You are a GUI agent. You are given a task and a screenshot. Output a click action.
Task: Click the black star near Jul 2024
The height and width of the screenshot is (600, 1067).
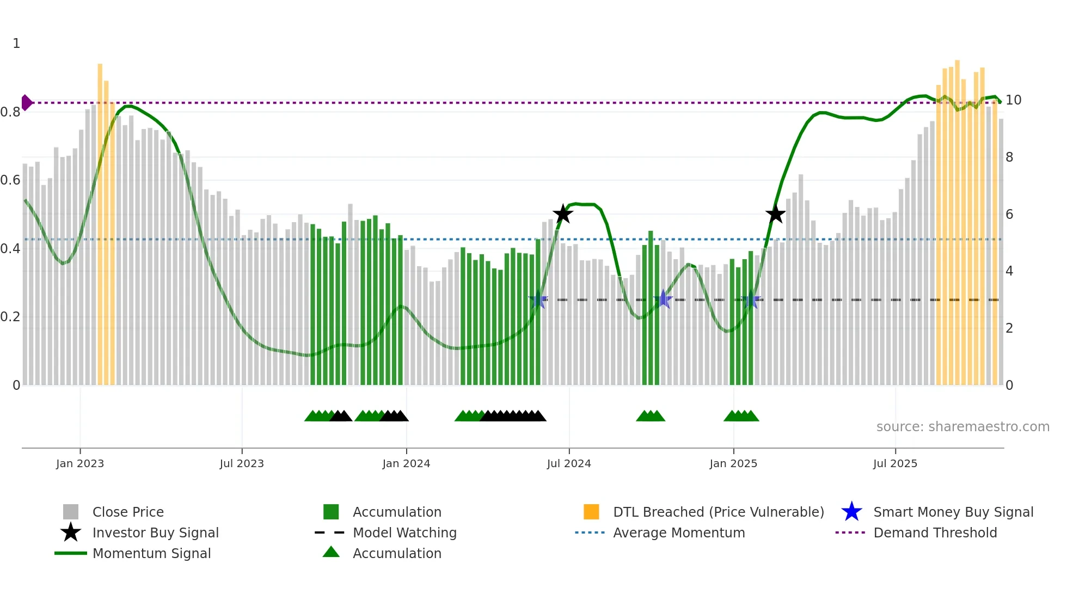pyautogui.click(x=562, y=214)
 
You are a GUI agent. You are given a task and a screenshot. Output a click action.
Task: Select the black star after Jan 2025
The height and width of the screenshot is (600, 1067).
pyautogui.click(x=775, y=215)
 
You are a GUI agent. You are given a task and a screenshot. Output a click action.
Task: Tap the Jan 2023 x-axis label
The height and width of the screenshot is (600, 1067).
pyautogui.click(x=80, y=463)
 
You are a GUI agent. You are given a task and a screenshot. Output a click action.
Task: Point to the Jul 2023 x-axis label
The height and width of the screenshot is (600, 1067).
pyautogui.click(x=242, y=463)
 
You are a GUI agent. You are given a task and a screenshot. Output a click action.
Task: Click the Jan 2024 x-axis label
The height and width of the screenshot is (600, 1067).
pyautogui.click(x=406, y=463)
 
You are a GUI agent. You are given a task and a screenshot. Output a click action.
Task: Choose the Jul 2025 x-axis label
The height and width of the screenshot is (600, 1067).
pyautogui.click(x=895, y=463)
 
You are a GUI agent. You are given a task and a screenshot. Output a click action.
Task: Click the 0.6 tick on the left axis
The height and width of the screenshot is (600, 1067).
pyautogui.click(x=10, y=180)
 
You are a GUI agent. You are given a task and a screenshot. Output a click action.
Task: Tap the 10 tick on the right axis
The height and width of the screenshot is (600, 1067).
pyautogui.click(x=1013, y=100)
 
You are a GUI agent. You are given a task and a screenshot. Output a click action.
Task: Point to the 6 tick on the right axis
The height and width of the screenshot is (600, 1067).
pyautogui.click(x=1009, y=215)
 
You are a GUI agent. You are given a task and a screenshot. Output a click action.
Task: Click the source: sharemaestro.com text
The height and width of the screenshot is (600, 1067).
pyautogui.click(x=962, y=427)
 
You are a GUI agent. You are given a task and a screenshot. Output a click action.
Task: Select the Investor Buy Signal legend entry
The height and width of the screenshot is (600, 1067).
pyautogui.click(x=155, y=532)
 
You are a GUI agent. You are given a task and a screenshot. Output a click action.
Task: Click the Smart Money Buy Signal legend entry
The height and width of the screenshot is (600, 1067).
pyautogui.click(x=953, y=512)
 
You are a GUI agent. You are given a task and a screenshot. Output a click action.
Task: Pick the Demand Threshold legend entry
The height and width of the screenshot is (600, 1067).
pyautogui.click(x=935, y=532)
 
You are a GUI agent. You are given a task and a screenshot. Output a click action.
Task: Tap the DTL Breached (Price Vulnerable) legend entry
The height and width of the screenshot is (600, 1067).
pyautogui.click(x=718, y=512)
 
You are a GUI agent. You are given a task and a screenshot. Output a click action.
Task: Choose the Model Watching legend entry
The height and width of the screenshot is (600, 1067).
pyautogui.click(x=404, y=532)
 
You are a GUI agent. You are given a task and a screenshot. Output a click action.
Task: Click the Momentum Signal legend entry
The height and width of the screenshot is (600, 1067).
pyautogui.click(x=151, y=553)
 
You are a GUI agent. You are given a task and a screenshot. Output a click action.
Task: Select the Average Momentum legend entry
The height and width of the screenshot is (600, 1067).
pyautogui.click(x=678, y=532)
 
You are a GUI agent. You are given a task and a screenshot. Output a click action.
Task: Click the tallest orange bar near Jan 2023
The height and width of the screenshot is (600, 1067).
pyautogui.click(x=100, y=218)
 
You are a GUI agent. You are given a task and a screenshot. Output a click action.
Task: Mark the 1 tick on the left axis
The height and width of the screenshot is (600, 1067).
pyautogui.click(x=16, y=44)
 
